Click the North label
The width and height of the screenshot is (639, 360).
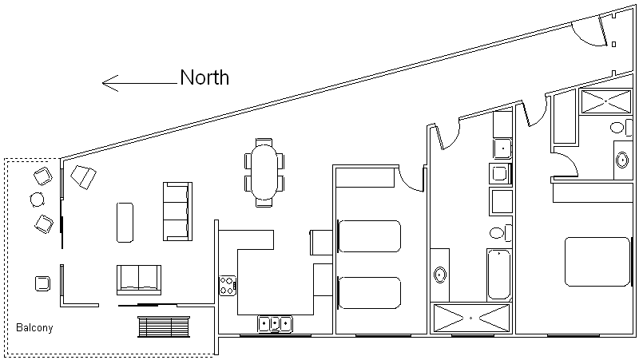pyautogui.click(x=204, y=77)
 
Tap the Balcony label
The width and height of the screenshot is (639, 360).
pyautogui.click(x=34, y=327)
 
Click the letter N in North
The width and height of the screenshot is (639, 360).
pyautogui.click(x=188, y=77)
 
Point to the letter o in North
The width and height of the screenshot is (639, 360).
pyautogui.click(x=200, y=79)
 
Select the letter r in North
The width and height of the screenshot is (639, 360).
pyautogui.click(x=208, y=79)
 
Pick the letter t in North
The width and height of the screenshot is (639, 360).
pyautogui.click(x=214, y=78)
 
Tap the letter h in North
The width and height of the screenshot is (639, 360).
pyautogui.click(x=222, y=77)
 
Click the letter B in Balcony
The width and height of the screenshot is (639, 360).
pyautogui.click(x=19, y=327)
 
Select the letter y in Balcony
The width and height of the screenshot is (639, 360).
pyautogui.click(x=50, y=329)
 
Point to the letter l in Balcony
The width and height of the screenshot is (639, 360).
pyautogui.click(x=29, y=327)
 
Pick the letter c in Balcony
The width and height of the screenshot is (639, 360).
pyautogui.click(x=34, y=328)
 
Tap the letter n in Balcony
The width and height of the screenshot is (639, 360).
pyautogui.click(x=45, y=328)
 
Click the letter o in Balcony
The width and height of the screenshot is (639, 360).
pyautogui.click(x=39, y=328)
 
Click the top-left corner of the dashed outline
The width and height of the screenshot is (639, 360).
pyautogui.click(x=6, y=160)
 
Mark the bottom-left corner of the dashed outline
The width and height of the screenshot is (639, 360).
pyautogui.click(x=6, y=355)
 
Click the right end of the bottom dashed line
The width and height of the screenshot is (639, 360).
pyautogui.click(x=213, y=355)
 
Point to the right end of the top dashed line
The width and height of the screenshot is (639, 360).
pyautogui.click(x=58, y=160)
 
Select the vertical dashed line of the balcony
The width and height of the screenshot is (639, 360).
pyautogui.click(x=6, y=255)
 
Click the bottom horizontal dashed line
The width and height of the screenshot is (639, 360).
pyautogui.click(x=112, y=355)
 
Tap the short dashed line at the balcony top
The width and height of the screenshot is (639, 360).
pyautogui.click(x=32, y=160)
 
